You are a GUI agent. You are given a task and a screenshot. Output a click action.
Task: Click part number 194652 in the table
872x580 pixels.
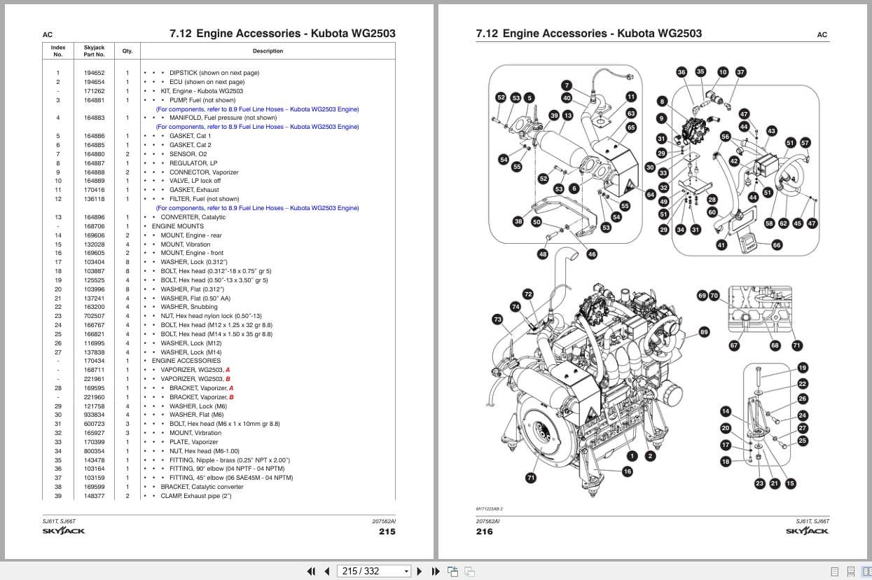coord(95,73)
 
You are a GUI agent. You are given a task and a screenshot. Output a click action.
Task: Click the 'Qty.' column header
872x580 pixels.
coord(127,51)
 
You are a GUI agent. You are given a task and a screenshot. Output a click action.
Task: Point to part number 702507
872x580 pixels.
coord(95,316)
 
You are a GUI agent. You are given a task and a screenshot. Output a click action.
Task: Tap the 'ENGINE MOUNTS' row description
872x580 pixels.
coord(177,226)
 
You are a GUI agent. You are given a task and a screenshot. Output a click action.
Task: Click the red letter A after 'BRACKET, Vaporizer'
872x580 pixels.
coord(231,388)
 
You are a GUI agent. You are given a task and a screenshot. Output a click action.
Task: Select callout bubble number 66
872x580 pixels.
coord(777,245)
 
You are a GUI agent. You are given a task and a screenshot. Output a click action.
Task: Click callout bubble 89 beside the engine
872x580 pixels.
coord(704,332)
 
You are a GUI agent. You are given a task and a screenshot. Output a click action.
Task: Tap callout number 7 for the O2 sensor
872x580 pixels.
coord(567,85)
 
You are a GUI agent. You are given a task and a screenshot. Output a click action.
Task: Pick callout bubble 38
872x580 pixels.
coord(518,221)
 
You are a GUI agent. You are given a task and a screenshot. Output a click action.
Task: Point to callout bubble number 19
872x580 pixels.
coord(803,368)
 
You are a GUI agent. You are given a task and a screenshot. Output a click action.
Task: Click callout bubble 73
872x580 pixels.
coord(497,319)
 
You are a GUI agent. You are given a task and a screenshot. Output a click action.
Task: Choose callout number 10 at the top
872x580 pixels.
coord(723,72)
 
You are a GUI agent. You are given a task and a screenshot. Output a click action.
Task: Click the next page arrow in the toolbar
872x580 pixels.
coord(420,571)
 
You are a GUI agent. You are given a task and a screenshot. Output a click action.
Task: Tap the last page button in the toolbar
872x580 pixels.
coord(436,571)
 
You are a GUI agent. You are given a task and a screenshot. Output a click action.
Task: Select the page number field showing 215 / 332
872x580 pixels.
coord(373,571)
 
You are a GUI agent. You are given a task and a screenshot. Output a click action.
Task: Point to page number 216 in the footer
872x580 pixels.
coord(484,532)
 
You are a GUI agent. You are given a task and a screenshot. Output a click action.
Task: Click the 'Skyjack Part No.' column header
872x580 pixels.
coord(95,51)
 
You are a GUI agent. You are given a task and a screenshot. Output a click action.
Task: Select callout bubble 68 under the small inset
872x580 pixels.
coord(775,345)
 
